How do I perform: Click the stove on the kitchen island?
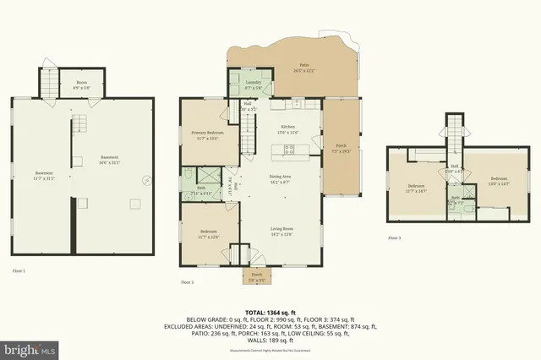[289, 152]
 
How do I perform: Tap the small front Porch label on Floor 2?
[256, 276]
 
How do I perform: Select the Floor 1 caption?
[19, 270]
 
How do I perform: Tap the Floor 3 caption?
[394, 238]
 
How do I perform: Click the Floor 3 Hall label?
[454, 167]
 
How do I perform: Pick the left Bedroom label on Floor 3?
[416, 188]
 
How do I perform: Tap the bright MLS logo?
[30, 347]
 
